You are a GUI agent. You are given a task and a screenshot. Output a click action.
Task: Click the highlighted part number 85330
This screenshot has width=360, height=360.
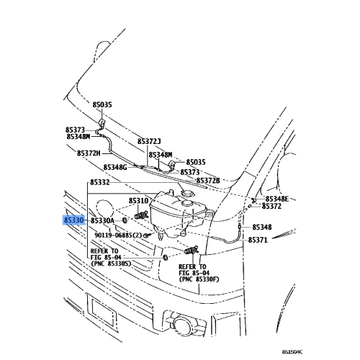(x=74, y=220)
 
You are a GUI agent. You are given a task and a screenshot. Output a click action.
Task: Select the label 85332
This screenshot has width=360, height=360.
(x=100, y=183)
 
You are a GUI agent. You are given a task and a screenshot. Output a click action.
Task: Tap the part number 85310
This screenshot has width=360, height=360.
(x=138, y=201)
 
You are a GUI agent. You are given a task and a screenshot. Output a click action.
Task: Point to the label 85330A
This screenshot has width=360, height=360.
(x=102, y=220)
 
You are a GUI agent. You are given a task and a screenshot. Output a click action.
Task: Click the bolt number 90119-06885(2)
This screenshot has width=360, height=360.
(x=118, y=235)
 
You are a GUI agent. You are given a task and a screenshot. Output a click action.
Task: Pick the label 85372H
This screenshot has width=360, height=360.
(x=89, y=153)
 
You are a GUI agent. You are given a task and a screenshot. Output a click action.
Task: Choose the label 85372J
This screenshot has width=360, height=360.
(x=149, y=141)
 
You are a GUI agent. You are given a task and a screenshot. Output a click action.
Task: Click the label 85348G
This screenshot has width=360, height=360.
(x=115, y=167)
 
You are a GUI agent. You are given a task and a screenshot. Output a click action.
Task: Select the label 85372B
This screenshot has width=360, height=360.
(x=208, y=181)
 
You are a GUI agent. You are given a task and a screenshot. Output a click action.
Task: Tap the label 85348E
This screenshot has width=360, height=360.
(x=277, y=199)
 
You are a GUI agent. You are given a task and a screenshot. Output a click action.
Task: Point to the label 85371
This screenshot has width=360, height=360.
(x=258, y=240)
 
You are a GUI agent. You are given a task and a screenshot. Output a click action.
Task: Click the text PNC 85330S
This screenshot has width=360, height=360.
(x=113, y=264)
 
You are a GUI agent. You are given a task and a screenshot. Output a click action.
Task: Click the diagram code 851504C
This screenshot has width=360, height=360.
(x=292, y=352)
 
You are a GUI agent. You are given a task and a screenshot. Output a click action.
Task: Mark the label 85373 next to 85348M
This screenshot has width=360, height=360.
(x=75, y=130)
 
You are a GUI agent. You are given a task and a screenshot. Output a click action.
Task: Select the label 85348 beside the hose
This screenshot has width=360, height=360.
(x=262, y=227)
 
